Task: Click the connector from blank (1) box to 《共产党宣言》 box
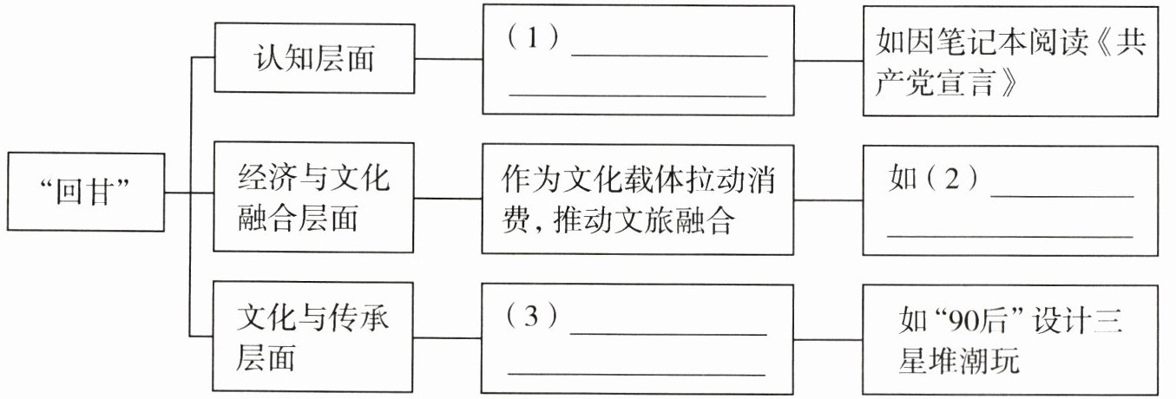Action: pos(829,61)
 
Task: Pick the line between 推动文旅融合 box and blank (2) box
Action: pos(829,198)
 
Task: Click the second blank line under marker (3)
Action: pos(636,374)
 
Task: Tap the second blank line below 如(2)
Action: pos(1009,235)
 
